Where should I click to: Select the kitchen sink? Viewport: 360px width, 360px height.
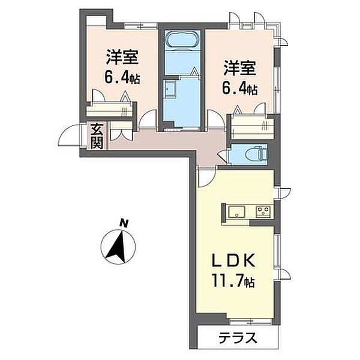click(236, 211)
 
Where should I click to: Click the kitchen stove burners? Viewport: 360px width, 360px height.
click(263, 211)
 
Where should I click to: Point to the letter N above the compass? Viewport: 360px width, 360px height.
click(124, 223)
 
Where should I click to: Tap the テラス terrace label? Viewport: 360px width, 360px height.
click(238, 338)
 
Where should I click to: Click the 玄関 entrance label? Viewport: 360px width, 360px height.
click(97, 137)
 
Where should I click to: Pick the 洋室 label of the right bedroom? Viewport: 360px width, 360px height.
click(240, 67)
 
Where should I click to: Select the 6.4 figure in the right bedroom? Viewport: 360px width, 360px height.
click(233, 88)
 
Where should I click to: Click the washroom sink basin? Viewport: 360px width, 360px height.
click(170, 88)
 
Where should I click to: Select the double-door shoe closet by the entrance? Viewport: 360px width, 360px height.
click(121, 131)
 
